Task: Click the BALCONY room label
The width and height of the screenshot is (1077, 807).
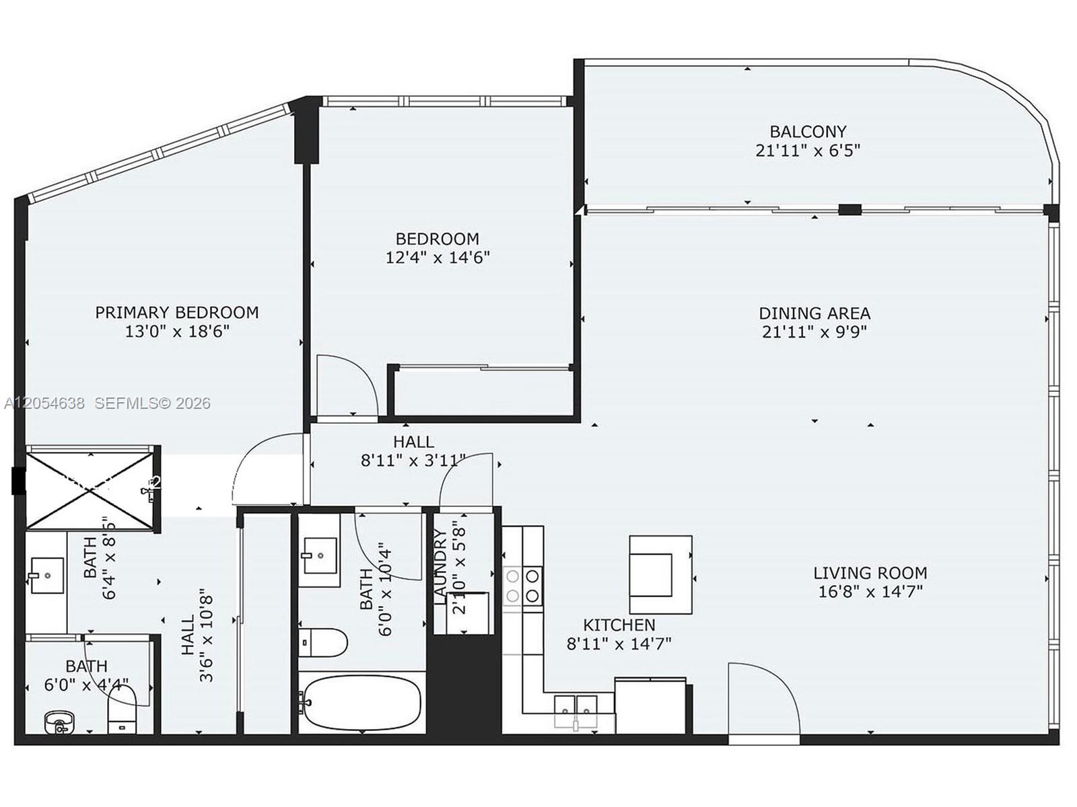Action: coord(808,131)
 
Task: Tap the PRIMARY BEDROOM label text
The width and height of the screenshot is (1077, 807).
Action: coord(176,312)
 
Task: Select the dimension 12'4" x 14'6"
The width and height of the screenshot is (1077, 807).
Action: coord(437,258)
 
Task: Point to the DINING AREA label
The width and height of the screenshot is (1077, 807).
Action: coord(814,313)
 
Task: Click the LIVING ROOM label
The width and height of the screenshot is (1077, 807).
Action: coord(870,573)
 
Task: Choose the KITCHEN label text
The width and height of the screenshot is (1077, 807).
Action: coord(619,625)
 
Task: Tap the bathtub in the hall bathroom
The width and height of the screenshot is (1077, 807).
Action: coord(362,703)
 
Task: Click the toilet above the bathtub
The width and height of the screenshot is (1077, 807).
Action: coord(323,642)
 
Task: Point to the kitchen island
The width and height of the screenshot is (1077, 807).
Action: coord(660,575)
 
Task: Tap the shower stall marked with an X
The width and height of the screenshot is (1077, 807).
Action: coord(90,490)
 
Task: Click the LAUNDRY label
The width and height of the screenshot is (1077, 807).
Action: coord(441,564)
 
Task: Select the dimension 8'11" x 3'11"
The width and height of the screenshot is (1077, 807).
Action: coord(413,461)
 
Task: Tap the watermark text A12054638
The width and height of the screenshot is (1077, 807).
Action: coord(44,403)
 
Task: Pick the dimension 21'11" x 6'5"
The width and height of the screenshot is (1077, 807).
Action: coord(808,151)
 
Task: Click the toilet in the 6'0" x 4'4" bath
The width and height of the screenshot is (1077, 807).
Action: coord(121,709)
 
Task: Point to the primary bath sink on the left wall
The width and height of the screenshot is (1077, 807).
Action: coord(46,575)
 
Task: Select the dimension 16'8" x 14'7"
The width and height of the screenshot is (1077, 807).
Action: coord(870,592)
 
